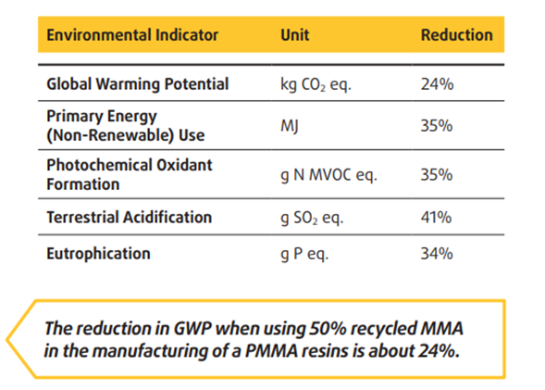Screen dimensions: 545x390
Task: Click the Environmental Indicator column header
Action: (x=132, y=35)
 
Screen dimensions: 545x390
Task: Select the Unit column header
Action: (x=295, y=35)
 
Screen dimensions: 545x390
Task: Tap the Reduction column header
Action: (x=457, y=35)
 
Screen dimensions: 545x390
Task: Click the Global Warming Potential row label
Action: (x=138, y=84)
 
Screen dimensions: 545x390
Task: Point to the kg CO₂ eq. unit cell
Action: (x=316, y=84)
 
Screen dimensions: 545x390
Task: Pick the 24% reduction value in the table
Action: (x=437, y=84)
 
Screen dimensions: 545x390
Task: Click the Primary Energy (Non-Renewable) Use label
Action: (x=126, y=126)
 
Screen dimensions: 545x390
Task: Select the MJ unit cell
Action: (x=290, y=126)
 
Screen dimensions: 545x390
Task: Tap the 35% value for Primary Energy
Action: (x=437, y=126)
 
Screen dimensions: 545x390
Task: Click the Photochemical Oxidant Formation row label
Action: (x=130, y=174)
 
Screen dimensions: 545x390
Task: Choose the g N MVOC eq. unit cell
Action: (x=328, y=175)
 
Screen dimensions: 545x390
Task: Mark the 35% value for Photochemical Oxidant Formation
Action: (x=437, y=175)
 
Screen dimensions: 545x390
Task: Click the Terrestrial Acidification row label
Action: (x=130, y=217)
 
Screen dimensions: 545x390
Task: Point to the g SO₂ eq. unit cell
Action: (x=312, y=218)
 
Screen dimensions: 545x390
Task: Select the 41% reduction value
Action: (x=436, y=218)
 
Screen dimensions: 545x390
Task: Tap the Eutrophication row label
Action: (x=98, y=254)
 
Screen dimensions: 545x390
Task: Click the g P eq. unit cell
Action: (x=304, y=255)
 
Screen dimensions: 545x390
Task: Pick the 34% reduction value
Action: (x=437, y=254)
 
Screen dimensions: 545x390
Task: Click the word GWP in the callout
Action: (x=192, y=328)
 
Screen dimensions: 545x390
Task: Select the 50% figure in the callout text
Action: (x=328, y=328)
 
